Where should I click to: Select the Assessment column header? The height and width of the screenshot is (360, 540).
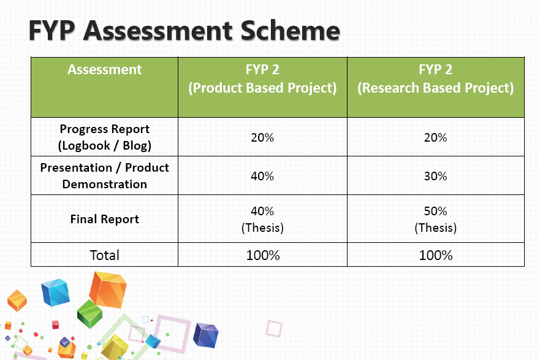[x=105, y=70]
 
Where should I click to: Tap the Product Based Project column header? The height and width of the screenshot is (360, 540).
[x=262, y=79]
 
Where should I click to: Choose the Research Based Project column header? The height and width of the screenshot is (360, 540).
[x=435, y=79]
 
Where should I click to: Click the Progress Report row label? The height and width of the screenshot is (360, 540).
[x=105, y=137]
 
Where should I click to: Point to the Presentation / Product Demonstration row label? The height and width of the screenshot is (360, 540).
[x=105, y=175]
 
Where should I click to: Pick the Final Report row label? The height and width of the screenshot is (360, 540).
[x=105, y=219]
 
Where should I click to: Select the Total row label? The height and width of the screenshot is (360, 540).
[x=105, y=255]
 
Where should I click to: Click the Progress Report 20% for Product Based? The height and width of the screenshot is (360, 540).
[x=262, y=137]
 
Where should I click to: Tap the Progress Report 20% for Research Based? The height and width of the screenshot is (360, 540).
[x=435, y=137]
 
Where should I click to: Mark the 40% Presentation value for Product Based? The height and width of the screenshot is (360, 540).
[x=262, y=176]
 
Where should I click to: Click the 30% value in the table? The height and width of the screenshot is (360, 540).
[x=435, y=176]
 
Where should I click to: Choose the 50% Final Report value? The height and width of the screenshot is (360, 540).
[x=435, y=212]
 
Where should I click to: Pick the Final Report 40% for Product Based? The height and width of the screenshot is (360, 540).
[x=262, y=212]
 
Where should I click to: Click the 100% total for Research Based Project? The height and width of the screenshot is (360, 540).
[x=435, y=255]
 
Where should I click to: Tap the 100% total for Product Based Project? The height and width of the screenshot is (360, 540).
[x=262, y=255]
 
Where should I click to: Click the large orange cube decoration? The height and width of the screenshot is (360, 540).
[x=107, y=289]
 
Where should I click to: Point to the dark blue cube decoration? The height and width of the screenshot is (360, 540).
[x=205, y=335]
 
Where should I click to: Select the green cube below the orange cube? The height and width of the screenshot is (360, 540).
[x=89, y=313]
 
